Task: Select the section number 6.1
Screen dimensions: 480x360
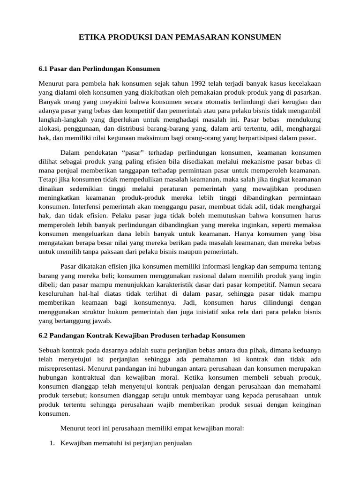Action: pyautogui.click(x=43, y=68)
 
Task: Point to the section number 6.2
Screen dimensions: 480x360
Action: pyautogui.click(x=43, y=336)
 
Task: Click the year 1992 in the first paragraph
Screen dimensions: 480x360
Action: pyautogui.click(x=177, y=83)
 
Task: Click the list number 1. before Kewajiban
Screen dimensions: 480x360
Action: pyautogui.click(x=52, y=442)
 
